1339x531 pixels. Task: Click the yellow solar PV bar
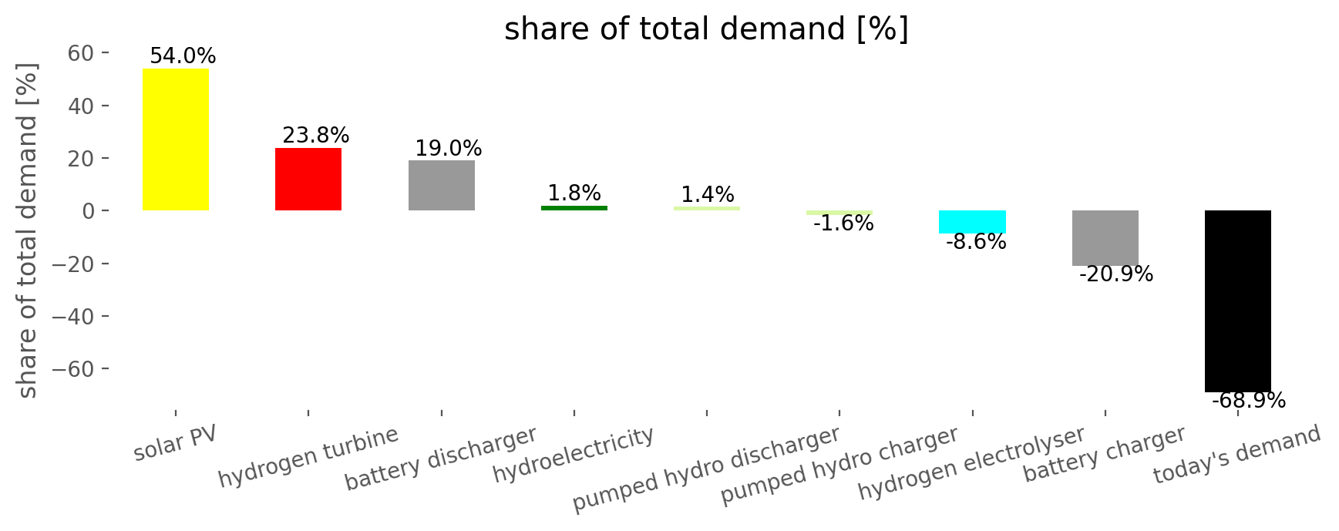pos(176,139)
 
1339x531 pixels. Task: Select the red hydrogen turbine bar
pos(308,179)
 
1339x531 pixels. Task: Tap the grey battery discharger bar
pos(442,185)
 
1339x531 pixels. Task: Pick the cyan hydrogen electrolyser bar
pos(972,222)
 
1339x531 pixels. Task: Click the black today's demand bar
pos(1237,301)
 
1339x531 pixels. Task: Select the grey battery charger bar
pos(1105,237)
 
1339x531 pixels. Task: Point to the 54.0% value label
pos(183,56)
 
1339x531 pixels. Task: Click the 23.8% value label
pos(316,136)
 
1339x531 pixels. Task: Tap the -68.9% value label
pos(1249,401)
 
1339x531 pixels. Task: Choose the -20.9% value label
pos(1116,274)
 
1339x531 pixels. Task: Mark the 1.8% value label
pos(574,193)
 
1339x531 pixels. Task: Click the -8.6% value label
pos(976,242)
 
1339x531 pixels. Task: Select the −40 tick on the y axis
pos(74,317)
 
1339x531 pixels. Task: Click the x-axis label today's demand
pos(1236,455)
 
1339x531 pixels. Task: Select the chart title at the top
pos(706,29)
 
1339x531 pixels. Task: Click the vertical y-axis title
pos(27,231)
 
